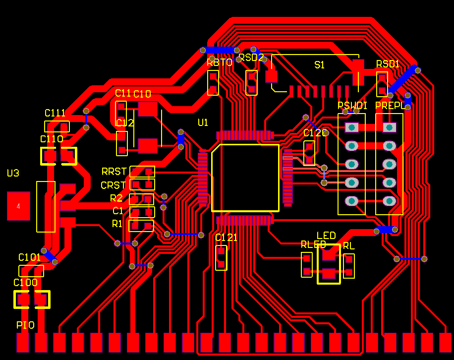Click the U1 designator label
203,122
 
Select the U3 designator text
13,173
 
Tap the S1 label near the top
320,65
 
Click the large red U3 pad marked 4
18,206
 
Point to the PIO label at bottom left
25,325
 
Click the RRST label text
113,172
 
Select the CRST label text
113,185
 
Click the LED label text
326,236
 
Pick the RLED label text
313,244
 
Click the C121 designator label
226,238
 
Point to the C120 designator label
316,133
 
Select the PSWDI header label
352,106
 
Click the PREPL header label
390,106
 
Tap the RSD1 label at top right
388,64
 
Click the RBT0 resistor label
220,62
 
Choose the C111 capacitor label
55,113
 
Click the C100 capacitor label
25,283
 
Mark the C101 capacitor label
29,257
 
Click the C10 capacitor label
142,94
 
